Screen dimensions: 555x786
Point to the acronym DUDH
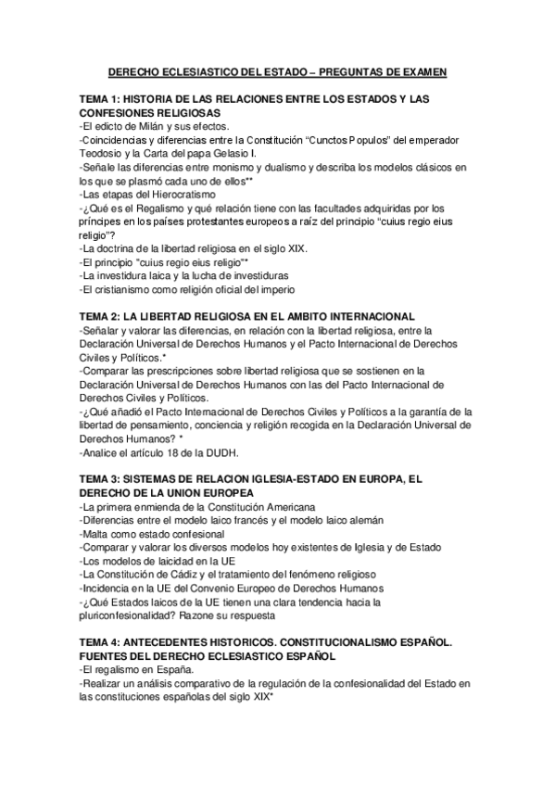tap(221, 452)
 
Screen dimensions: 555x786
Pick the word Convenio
tap(195, 589)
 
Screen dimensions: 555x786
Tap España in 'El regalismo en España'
tap(172, 671)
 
